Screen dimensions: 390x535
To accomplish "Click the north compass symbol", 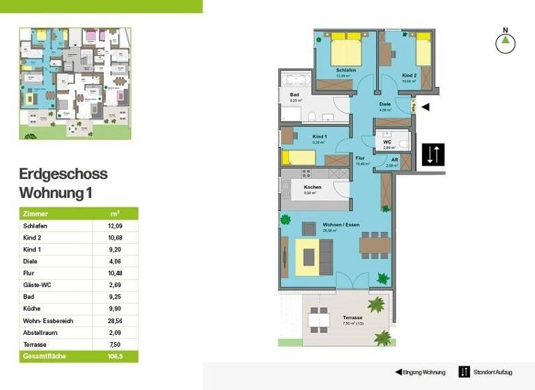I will click(x=506, y=43).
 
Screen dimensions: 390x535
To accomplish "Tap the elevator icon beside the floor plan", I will click(x=432, y=154).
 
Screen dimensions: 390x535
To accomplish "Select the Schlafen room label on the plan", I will click(x=346, y=70).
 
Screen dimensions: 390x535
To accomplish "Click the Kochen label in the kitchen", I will click(x=312, y=187).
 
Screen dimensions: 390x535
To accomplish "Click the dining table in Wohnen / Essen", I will click(x=374, y=246).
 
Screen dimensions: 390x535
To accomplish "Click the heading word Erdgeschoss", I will click(x=63, y=174).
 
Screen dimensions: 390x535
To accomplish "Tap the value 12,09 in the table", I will click(x=115, y=226).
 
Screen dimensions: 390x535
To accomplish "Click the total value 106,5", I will click(x=115, y=356).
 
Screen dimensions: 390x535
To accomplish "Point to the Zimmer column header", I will click(x=36, y=214).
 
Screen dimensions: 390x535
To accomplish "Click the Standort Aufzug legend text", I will click(x=493, y=372).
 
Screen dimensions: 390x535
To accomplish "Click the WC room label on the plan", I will click(x=387, y=141).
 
